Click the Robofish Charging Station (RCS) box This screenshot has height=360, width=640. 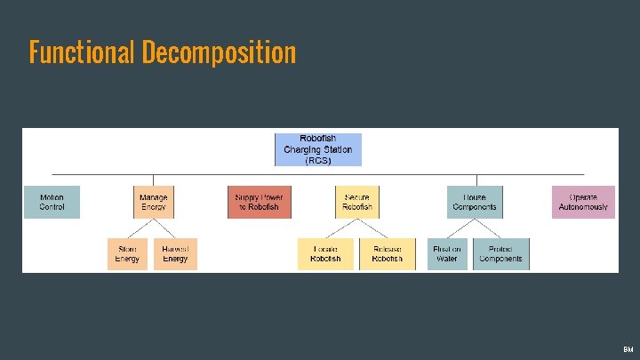(x=317, y=149)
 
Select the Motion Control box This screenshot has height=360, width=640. (x=52, y=202)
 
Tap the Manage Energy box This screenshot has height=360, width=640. (x=153, y=202)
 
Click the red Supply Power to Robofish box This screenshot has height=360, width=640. (x=259, y=202)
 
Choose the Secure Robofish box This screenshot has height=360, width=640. (x=356, y=202)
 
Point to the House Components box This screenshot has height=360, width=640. (x=475, y=202)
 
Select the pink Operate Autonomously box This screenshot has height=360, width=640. (x=583, y=202)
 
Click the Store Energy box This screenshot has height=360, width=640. (x=127, y=253)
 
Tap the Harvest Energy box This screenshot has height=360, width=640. (x=175, y=253)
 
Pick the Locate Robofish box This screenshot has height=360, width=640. (x=325, y=253)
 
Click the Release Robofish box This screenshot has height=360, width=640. (x=387, y=253)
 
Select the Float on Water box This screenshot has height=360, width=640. (x=446, y=253)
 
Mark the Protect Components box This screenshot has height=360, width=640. (x=500, y=253)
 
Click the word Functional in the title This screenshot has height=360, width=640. (x=80, y=52)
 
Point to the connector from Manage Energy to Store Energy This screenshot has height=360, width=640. (x=140, y=228)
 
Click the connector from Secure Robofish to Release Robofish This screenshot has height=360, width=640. (x=372, y=228)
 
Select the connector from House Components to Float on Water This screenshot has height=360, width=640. (x=460, y=228)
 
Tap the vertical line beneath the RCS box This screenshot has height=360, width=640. (x=317, y=171)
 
